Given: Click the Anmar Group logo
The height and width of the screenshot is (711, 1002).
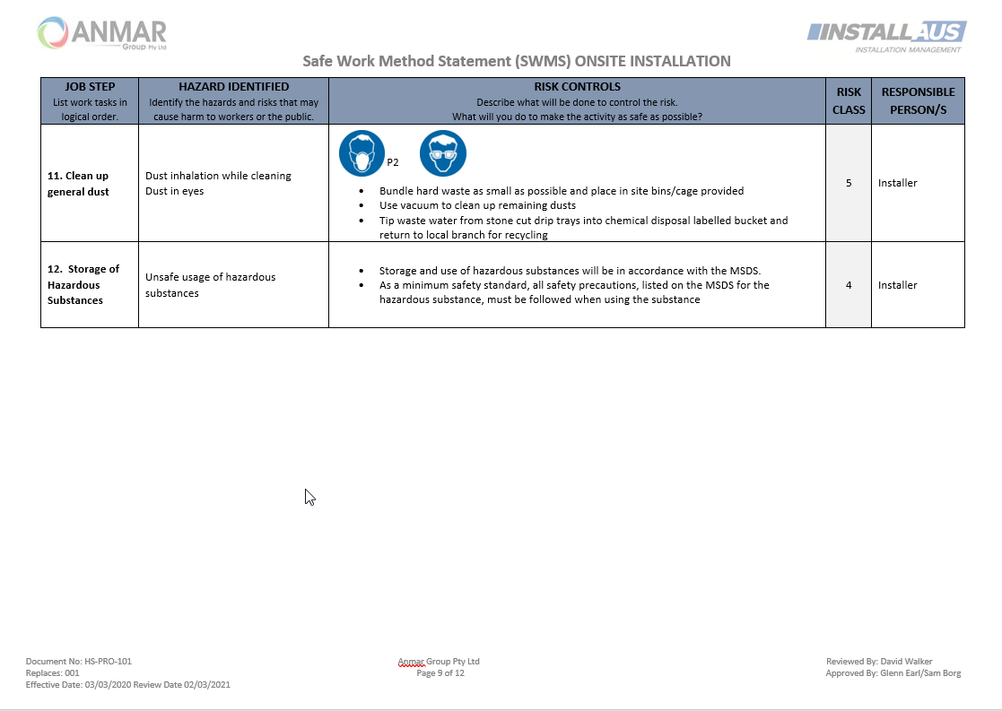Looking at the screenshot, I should [102, 33].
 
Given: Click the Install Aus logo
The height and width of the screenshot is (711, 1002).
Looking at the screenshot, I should [885, 35].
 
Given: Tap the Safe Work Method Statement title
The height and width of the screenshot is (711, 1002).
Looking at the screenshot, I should [516, 61].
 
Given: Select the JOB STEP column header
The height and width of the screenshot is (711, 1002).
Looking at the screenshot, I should [90, 87].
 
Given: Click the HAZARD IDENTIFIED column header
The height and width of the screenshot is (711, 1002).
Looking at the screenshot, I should [233, 87].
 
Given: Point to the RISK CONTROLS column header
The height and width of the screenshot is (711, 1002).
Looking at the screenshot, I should [577, 87].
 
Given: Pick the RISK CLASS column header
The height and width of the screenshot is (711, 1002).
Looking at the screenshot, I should [849, 100].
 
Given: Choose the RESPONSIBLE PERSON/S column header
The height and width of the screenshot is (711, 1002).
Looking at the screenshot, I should [918, 100].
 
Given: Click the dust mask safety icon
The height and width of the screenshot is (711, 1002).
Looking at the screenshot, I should [362, 153].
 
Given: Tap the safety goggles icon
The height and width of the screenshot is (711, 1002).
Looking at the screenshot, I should [443, 153].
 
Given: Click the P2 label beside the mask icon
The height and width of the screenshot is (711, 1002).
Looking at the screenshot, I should [393, 163].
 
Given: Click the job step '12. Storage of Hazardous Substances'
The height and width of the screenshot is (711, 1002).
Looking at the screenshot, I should [83, 284].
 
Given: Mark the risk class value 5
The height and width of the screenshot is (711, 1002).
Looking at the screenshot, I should [849, 183].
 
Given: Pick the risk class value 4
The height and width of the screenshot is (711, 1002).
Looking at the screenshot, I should [849, 285].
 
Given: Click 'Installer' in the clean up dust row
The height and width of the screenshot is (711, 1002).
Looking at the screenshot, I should [898, 183].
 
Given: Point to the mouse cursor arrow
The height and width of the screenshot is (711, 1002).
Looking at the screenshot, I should [309, 497].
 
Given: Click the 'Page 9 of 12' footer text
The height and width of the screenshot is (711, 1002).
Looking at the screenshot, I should [440, 673].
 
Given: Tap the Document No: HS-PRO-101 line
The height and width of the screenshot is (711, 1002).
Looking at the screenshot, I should [79, 662].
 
